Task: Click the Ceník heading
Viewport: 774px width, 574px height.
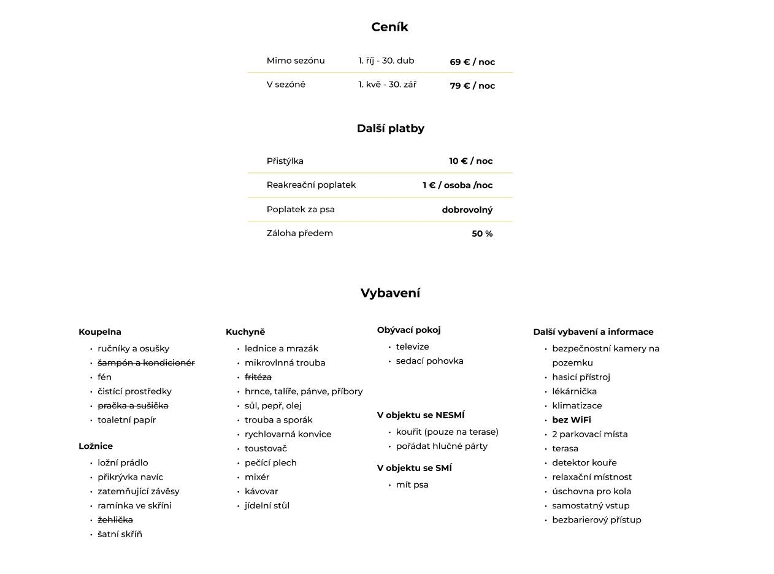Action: coord(389,27)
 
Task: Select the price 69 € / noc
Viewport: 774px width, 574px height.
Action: coord(472,62)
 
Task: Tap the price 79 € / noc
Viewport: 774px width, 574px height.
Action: coord(472,86)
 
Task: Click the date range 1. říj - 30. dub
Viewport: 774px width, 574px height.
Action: coord(386,61)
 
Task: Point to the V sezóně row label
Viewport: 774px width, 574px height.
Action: coord(286,85)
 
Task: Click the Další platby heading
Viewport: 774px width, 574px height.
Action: coord(391,128)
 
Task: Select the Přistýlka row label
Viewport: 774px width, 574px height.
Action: coord(285,161)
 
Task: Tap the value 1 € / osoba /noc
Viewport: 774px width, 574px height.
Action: coord(458,185)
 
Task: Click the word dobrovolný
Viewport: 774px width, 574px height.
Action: coord(467,210)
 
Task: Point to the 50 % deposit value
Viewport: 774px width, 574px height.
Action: coord(482,234)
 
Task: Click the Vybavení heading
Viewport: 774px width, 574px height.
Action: coord(390,293)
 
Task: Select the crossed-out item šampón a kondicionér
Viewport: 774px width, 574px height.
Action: coord(146,363)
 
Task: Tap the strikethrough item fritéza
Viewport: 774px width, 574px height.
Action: coord(258,377)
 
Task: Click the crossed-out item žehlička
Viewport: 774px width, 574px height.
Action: coord(115,520)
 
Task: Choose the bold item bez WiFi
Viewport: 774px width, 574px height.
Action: coord(572,420)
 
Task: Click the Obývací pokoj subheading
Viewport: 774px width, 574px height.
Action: coord(409,330)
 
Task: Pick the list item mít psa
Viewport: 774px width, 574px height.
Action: coord(412,485)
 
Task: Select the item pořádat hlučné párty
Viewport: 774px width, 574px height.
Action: coord(442,446)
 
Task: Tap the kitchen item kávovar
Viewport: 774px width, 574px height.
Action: coord(261,491)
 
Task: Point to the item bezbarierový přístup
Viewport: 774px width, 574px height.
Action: coord(597,520)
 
